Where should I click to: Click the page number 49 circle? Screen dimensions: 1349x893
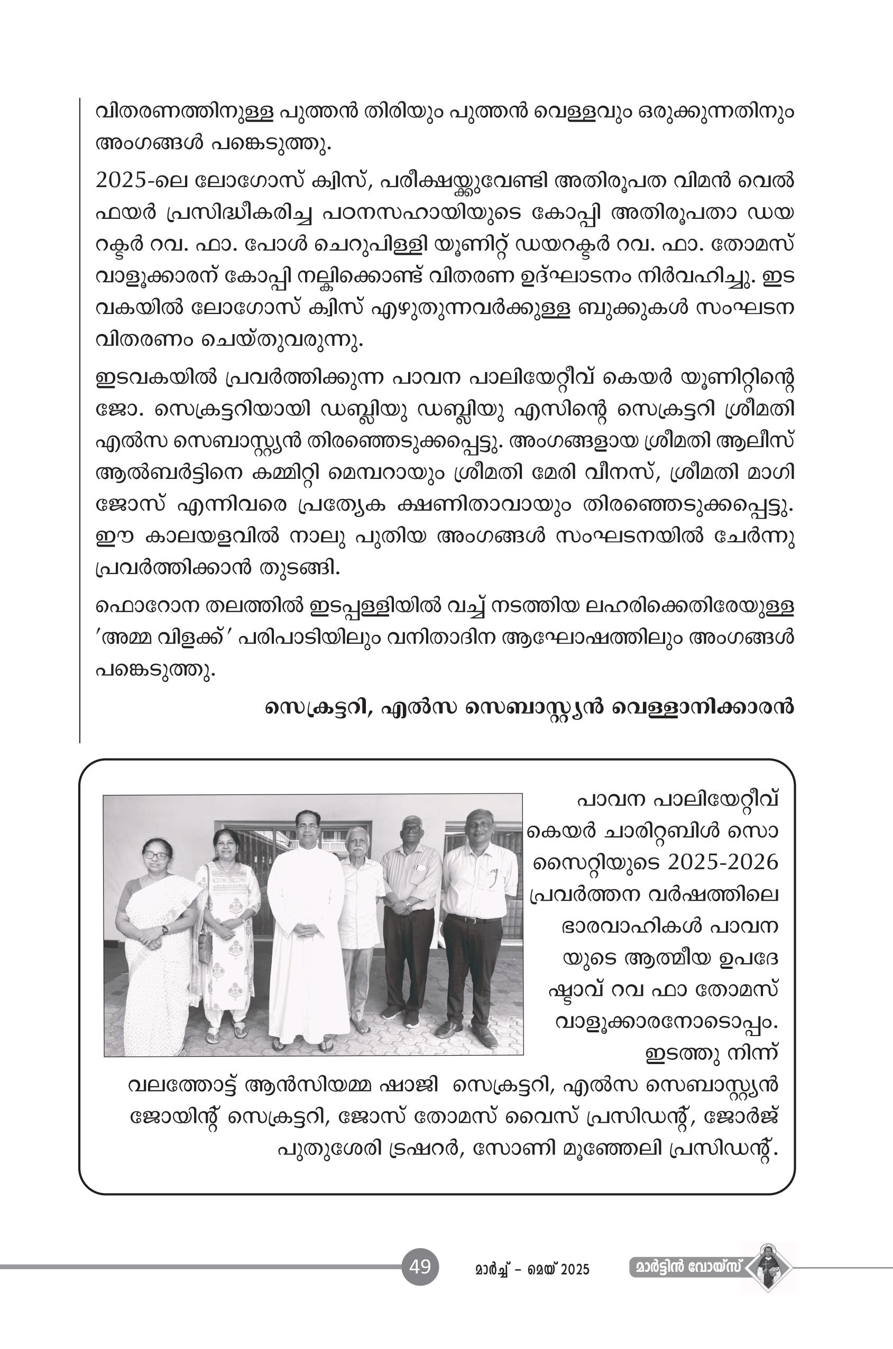coord(420,1267)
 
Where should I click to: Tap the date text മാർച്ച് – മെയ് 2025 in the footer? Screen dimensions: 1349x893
coord(532,1269)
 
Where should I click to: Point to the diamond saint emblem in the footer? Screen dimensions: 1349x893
coord(769,1267)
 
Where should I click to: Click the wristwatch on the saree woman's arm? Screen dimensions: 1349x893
coord(165,930)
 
